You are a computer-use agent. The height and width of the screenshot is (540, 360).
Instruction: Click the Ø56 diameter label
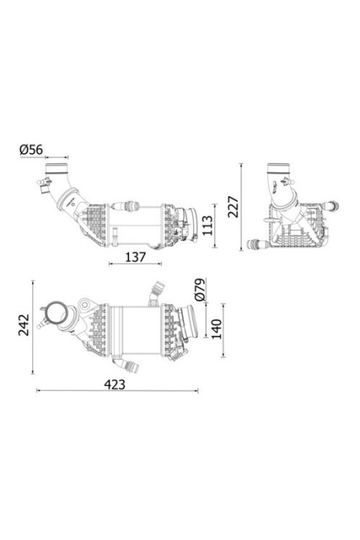click(32, 150)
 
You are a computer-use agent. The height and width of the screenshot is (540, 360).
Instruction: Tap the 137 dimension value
click(135, 257)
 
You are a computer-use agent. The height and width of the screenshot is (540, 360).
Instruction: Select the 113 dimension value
click(207, 225)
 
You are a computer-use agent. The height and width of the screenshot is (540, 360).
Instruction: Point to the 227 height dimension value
click(233, 207)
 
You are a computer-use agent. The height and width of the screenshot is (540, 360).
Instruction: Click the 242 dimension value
click(24, 325)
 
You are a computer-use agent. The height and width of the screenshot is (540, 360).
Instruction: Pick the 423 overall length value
click(114, 384)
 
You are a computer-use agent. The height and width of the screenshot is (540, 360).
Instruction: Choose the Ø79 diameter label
click(200, 289)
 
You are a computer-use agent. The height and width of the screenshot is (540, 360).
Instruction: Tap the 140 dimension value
click(216, 329)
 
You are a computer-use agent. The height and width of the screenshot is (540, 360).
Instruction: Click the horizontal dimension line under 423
click(117, 390)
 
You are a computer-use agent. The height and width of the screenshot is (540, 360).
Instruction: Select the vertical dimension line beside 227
click(241, 207)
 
